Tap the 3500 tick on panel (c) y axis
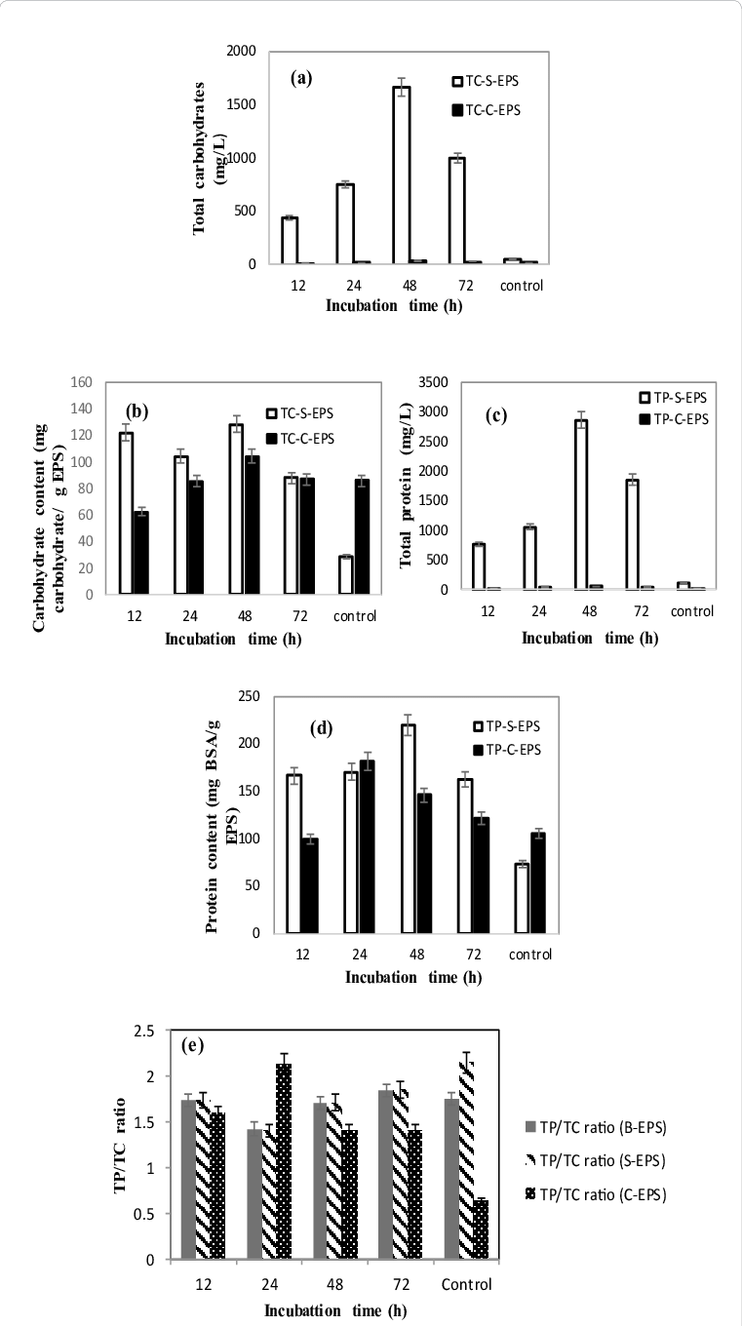click(433, 382)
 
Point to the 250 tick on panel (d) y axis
click(248, 695)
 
